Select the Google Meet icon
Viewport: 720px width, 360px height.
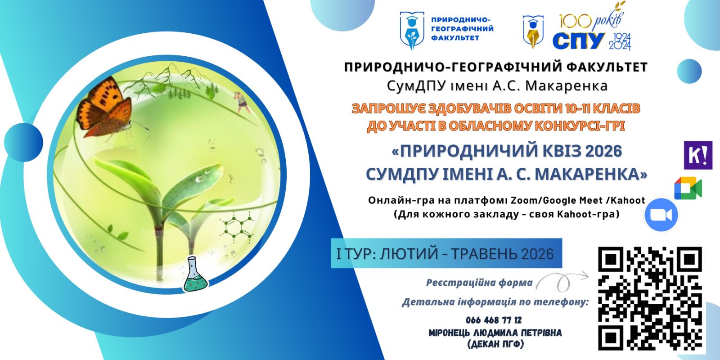[x=688, y=188]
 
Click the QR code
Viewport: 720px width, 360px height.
[x=650, y=299]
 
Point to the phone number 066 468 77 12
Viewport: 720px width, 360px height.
[x=494, y=320]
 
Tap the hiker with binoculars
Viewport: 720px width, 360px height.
[x=242, y=102]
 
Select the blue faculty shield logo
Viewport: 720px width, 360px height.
[x=412, y=31]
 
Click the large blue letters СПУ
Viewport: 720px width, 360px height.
[x=578, y=40]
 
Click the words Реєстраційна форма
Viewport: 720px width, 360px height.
[x=479, y=283]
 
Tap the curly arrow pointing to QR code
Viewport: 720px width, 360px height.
[x=562, y=281]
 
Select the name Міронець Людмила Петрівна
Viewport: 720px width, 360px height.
[x=495, y=333]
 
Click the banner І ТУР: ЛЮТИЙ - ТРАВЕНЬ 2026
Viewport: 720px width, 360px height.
[x=445, y=254]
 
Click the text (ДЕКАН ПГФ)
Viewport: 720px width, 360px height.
[x=495, y=344]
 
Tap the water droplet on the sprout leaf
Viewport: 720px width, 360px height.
[x=201, y=178]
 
